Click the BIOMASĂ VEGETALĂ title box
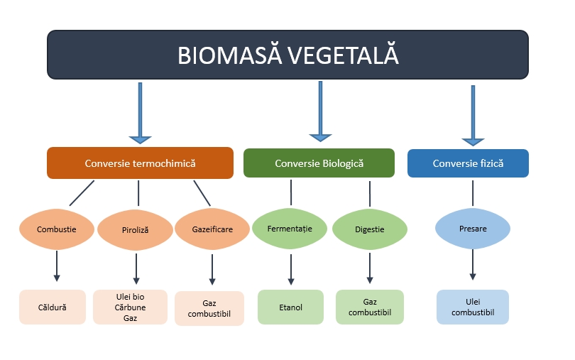(x=287, y=55)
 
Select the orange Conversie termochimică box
(x=140, y=163)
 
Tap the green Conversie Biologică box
(x=319, y=163)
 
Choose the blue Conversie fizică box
(x=468, y=163)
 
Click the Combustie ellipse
(x=57, y=229)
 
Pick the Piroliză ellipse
(x=136, y=230)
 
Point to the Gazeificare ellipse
(x=212, y=230)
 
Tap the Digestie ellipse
(x=369, y=229)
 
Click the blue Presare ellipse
(x=472, y=229)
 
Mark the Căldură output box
(x=53, y=307)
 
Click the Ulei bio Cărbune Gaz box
(x=131, y=307)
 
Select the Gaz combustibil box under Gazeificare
(x=209, y=308)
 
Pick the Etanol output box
(x=290, y=307)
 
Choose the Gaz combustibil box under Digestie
(x=369, y=307)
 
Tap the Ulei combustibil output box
(x=472, y=307)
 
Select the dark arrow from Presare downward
(x=473, y=266)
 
